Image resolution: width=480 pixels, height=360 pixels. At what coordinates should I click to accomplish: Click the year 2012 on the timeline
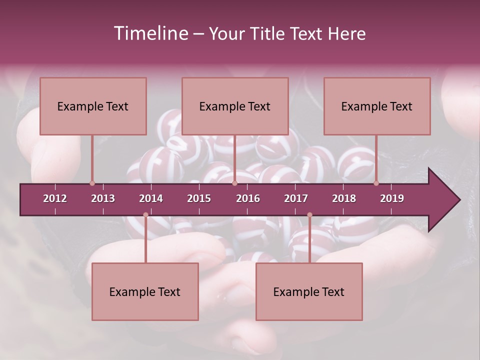click(x=55, y=198)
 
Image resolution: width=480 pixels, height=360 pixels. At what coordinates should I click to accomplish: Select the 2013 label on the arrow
click(x=103, y=198)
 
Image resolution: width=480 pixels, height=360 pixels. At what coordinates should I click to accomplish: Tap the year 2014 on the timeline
click(x=151, y=198)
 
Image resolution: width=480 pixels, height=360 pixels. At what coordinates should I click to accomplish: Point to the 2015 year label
click(x=199, y=198)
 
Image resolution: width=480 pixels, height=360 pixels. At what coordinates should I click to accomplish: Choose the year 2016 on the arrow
click(x=248, y=198)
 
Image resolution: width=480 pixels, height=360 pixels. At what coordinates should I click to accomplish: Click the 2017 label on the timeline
click(x=296, y=198)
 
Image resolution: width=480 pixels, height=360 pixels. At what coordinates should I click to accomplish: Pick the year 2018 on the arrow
click(x=344, y=198)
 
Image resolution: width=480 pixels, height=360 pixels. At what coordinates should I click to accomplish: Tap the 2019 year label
click(x=392, y=198)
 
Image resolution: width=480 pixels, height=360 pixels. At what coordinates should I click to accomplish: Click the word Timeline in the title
click(x=150, y=33)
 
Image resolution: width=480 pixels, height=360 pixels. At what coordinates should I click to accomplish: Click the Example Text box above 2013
click(x=93, y=106)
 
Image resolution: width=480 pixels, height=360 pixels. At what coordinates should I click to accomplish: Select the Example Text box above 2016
click(x=235, y=106)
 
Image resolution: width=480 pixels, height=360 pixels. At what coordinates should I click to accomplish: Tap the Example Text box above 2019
click(x=377, y=106)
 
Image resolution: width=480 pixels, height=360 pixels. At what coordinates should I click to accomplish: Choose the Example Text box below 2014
click(x=145, y=291)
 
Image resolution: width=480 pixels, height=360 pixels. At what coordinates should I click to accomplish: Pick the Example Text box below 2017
click(x=309, y=291)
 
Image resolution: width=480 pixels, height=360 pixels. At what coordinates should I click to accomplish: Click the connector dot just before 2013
click(x=92, y=183)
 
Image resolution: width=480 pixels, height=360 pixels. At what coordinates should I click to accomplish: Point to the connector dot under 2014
click(x=145, y=215)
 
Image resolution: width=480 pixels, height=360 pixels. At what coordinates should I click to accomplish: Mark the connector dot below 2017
click(x=309, y=215)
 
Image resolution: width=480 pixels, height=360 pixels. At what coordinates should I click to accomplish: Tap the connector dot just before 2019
click(x=376, y=183)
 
